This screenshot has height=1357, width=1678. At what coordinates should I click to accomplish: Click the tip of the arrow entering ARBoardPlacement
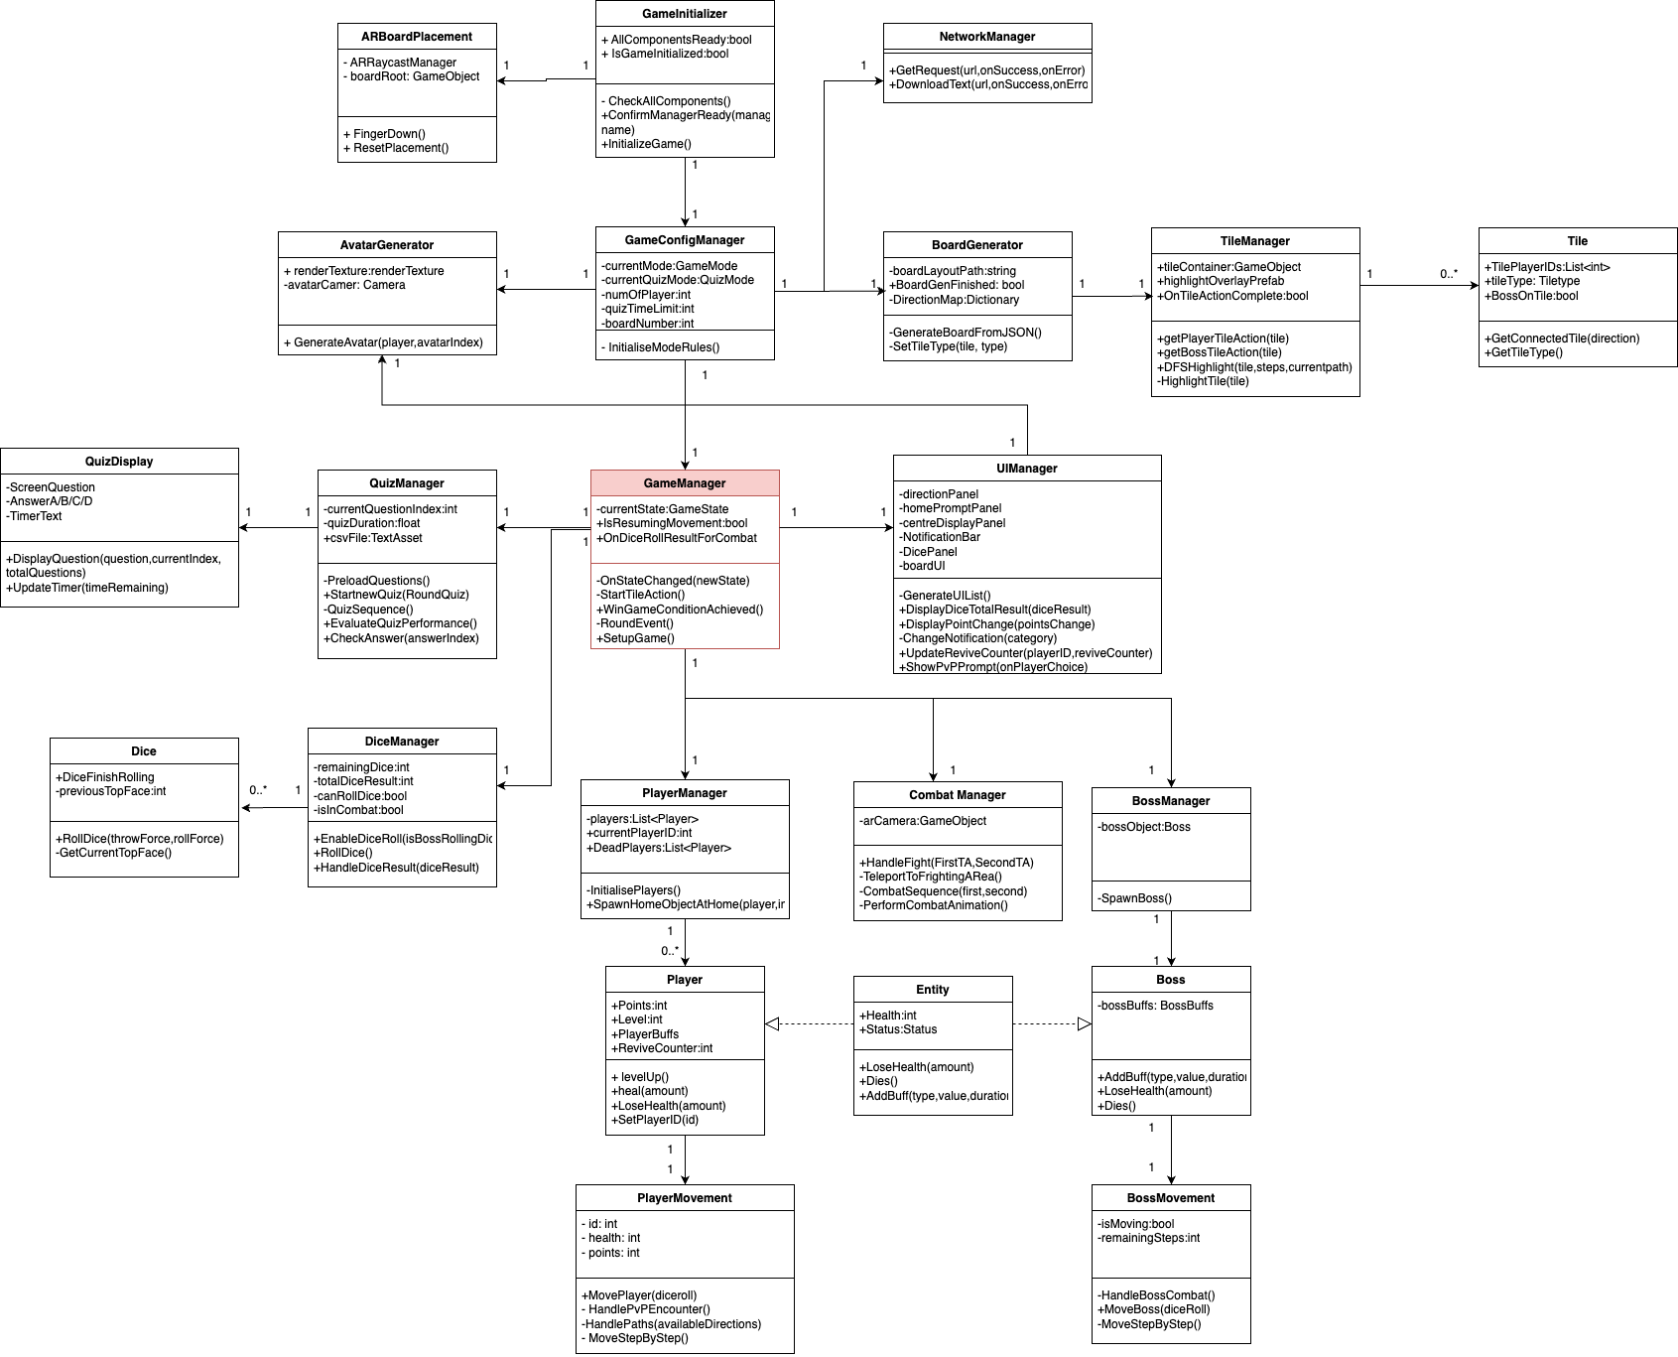click(497, 80)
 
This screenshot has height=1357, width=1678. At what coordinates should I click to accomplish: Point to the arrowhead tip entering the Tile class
click(1479, 286)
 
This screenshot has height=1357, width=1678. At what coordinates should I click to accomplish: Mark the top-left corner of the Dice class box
click(51, 739)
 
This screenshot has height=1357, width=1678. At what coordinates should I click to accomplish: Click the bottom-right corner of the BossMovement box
click(1250, 1343)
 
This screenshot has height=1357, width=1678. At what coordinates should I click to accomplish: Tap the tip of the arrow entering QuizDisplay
click(239, 527)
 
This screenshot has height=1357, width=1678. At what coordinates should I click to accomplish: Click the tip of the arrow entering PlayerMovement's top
click(685, 1184)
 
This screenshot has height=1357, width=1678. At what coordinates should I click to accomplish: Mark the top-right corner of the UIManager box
click(1161, 456)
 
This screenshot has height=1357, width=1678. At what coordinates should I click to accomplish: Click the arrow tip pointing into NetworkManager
click(883, 80)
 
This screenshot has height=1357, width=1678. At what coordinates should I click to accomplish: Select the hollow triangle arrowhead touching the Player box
click(772, 1023)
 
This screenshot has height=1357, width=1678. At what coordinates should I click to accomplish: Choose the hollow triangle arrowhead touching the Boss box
click(1085, 1023)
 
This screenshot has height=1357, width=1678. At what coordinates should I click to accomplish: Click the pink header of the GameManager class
click(685, 483)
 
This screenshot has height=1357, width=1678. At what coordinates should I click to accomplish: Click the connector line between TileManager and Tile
click(1419, 286)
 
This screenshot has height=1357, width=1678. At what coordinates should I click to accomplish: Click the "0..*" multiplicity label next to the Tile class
click(1450, 274)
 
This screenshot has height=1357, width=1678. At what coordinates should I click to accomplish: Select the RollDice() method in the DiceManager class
click(343, 853)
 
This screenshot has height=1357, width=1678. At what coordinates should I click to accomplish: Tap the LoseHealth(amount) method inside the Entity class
click(917, 1067)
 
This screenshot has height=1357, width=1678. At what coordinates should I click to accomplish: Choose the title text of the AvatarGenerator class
click(387, 245)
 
